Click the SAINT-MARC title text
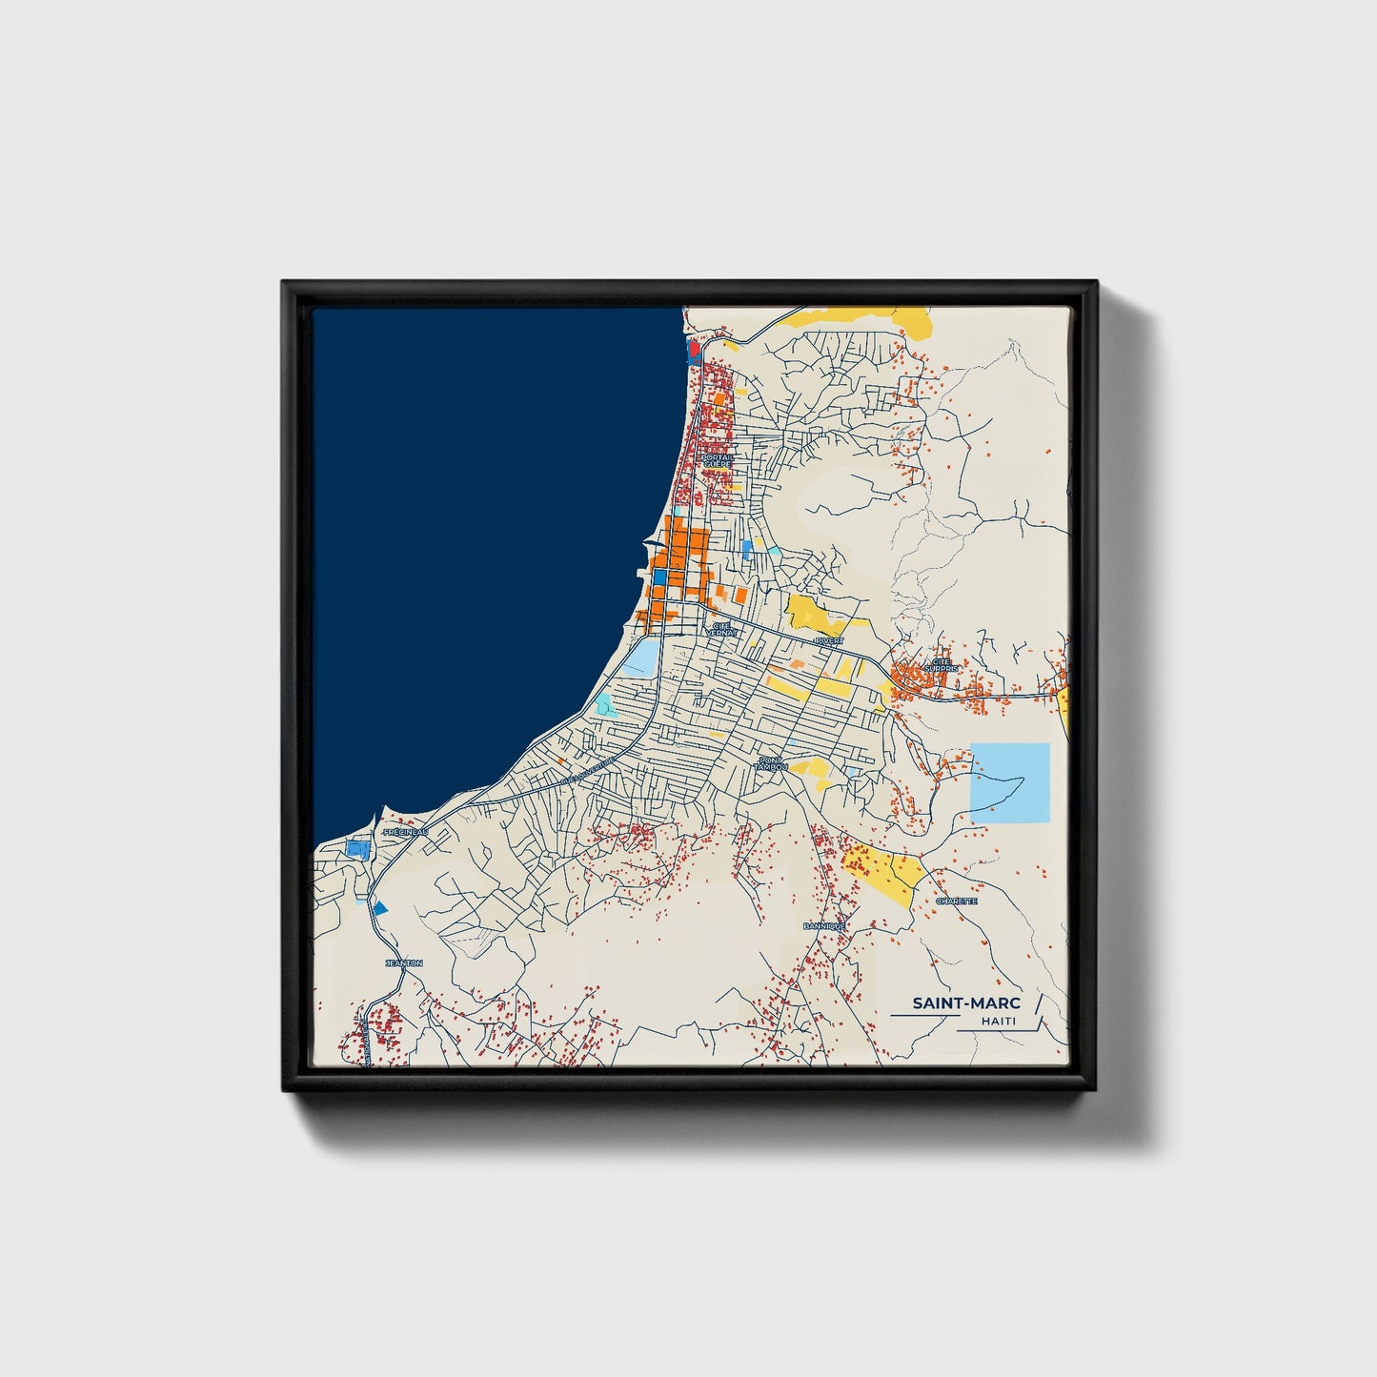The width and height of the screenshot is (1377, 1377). [966, 1002]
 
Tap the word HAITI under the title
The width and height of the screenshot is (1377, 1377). [999, 1022]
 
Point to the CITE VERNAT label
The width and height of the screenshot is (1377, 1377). [721, 629]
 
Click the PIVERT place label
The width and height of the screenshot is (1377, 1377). [828, 640]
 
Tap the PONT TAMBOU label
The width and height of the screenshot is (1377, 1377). [770, 762]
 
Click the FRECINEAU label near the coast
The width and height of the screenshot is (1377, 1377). [404, 832]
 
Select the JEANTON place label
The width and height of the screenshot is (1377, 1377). [403, 963]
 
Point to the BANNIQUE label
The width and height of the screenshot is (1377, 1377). [824, 925]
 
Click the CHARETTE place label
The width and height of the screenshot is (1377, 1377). [956, 901]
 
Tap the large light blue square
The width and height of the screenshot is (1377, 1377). [1009, 781]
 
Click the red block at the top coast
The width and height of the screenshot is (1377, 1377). [694, 350]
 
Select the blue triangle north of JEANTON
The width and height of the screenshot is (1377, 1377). [380, 907]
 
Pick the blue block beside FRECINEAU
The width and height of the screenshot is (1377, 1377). [357, 847]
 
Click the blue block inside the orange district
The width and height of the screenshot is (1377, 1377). [659, 577]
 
